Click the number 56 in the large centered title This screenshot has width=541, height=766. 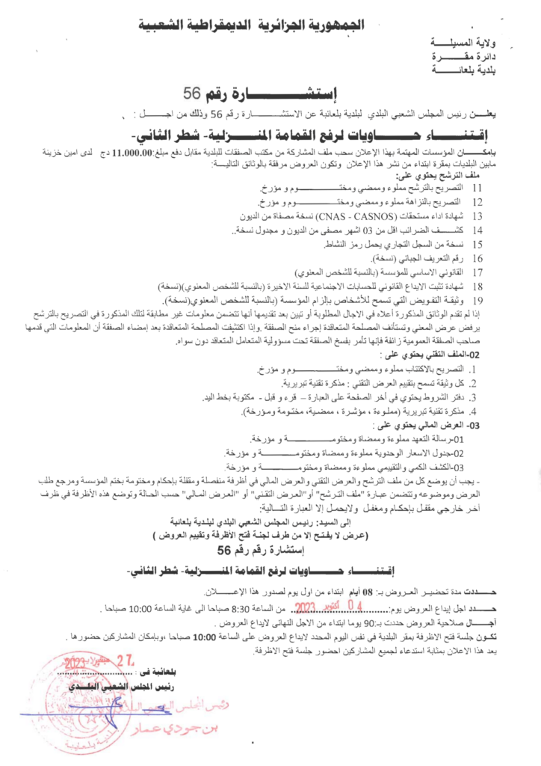click(x=193, y=94)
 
